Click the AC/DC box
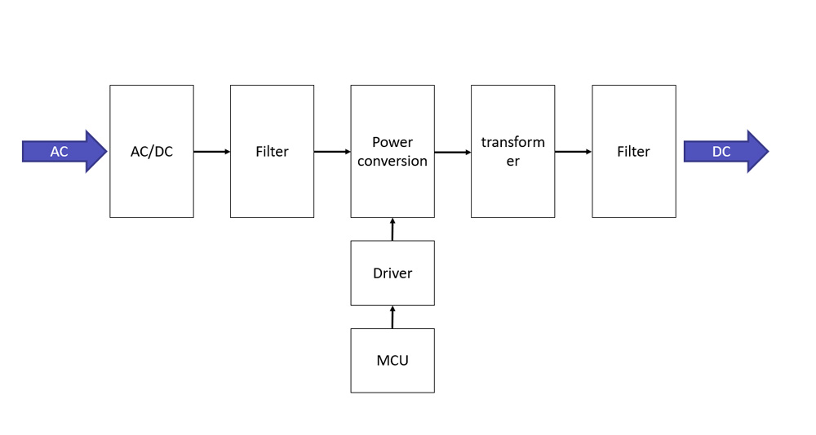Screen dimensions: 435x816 click(152, 151)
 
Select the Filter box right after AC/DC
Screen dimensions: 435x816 click(272, 151)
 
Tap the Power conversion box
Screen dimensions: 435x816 click(392, 151)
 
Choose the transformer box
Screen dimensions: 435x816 click(512, 151)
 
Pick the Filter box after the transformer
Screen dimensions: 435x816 click(633, 151)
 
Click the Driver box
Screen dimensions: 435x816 click(392, 273)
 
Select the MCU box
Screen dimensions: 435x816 click(392, 360)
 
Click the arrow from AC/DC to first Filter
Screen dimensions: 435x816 click(212, 151)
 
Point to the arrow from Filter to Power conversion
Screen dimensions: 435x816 click(332, 151)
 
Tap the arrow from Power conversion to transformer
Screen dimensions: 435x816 click(453, 152)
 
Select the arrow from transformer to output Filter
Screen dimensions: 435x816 click(573, 151)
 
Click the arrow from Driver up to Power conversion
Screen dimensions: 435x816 click(392, 229)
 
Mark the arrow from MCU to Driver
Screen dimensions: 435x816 click(392, 317)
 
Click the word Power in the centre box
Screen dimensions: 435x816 click(392, 142)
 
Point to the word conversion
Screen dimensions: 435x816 click(392, 161)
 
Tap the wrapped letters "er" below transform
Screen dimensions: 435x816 click(512, 161)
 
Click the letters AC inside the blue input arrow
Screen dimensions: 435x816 click(60, 152)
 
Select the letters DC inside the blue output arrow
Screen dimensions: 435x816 click(721, 152)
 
